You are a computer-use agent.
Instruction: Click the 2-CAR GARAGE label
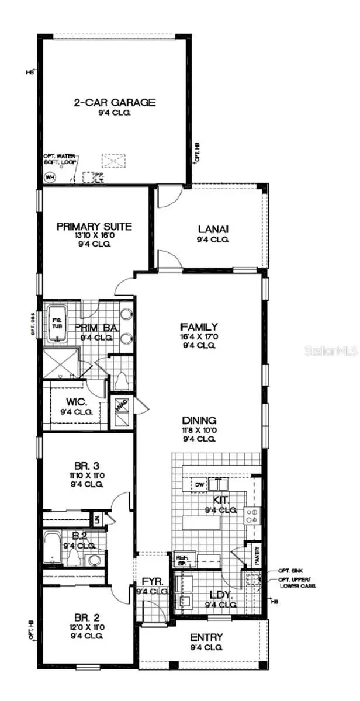(x=114, y=103)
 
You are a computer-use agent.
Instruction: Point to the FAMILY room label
(x=199, y=327)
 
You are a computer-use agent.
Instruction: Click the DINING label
(x=199, y=420)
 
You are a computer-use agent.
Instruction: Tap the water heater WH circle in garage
(x=50, y=178)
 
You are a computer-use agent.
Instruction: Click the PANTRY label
(x=255, y=556)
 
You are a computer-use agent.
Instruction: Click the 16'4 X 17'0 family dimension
(x=199, y=336)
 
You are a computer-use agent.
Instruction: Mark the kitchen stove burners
(x=252, y=515)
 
